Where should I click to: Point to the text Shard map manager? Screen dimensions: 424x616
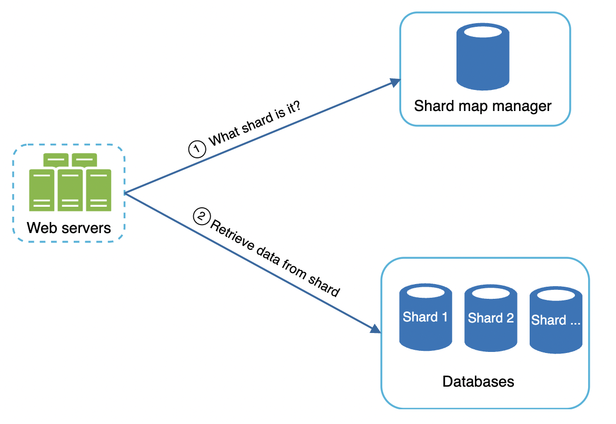click(x=483, y=106)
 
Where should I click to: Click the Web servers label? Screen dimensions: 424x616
click(x=69, y=228)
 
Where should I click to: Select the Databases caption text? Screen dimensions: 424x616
click(x=478, y=381)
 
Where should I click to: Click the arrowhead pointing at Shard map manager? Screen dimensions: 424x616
click(x=395, y=82)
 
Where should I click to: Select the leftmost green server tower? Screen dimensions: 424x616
click(x=42, y=190)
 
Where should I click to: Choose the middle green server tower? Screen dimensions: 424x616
click(x=69, y=190)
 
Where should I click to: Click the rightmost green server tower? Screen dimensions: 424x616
click(x=98, y=190)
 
